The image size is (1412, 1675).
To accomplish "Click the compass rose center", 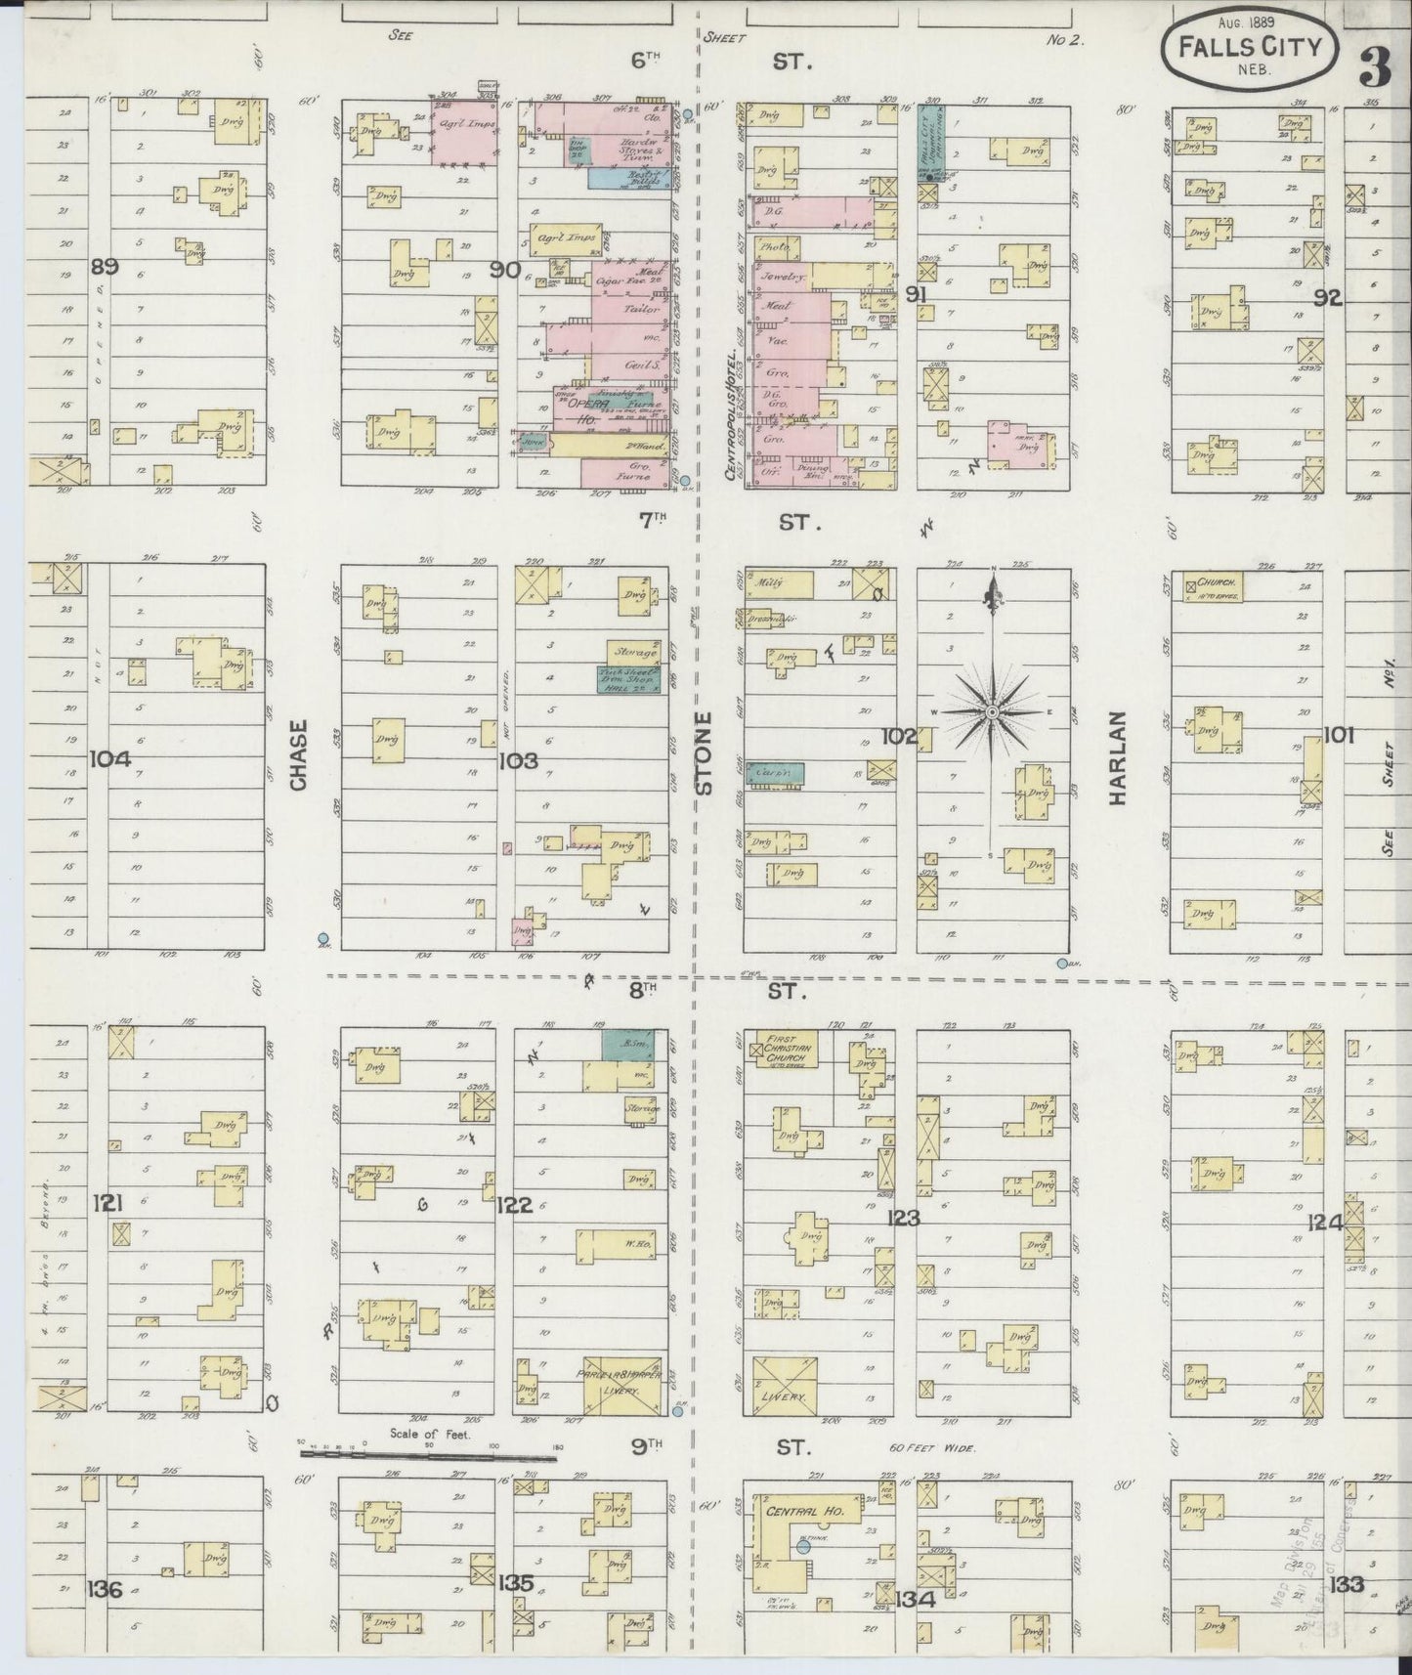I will pos(992,711).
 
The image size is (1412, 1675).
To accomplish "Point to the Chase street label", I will pos(299,754).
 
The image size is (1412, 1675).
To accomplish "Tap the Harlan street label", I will pos(1119,757).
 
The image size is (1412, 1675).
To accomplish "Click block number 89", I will pos(105,266).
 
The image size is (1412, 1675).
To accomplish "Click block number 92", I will pos(1328,298).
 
